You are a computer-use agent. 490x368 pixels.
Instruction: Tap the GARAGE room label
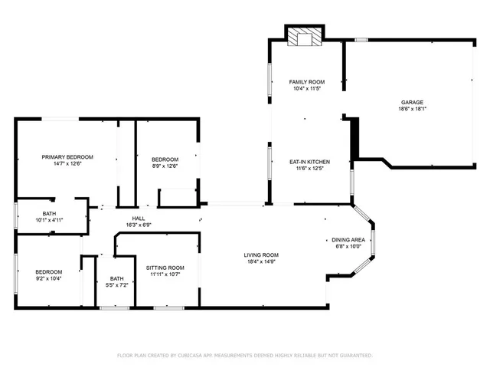(412, 102)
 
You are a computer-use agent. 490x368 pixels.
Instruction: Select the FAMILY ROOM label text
(306, 82)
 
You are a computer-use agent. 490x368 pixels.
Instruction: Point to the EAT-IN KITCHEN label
(309, 162)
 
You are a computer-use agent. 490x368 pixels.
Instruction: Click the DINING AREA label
(348, 240)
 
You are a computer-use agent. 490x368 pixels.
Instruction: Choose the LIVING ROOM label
(261, 255)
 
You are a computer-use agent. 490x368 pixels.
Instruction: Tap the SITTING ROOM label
(165, 268)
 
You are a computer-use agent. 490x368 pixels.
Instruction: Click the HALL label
(138, 219)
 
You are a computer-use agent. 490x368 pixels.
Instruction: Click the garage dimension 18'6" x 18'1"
(412, 109)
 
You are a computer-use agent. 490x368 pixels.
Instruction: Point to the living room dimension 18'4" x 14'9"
(261, 262)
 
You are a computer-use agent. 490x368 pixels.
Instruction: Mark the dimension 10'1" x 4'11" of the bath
(49, 220)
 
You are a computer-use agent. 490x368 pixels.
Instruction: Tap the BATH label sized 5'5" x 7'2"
(116, 278)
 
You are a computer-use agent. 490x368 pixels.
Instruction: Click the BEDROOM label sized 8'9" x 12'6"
(165, 159)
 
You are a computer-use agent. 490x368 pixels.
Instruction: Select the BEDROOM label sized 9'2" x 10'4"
(49, 271)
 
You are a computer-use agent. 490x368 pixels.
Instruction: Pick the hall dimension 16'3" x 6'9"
(138, 225)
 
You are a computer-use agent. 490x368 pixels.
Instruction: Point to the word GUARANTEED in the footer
(354, 356)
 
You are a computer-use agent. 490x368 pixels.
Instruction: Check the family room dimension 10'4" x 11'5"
(306, 89)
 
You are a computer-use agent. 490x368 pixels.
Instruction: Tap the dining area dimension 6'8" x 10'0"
(348, 247)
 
